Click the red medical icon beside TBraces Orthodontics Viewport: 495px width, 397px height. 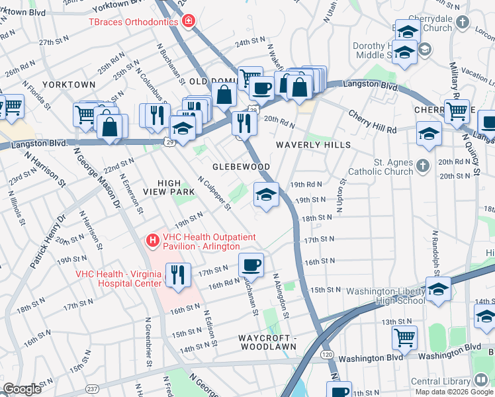189,22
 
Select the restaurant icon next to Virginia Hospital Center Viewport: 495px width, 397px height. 177,274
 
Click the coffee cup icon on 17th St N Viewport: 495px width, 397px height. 251,264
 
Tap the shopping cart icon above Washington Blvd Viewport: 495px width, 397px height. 404,337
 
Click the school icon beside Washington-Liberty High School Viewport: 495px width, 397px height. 437,288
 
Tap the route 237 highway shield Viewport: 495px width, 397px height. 91,388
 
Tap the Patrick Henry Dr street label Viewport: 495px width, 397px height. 48,242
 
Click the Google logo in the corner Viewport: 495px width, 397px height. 22,389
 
